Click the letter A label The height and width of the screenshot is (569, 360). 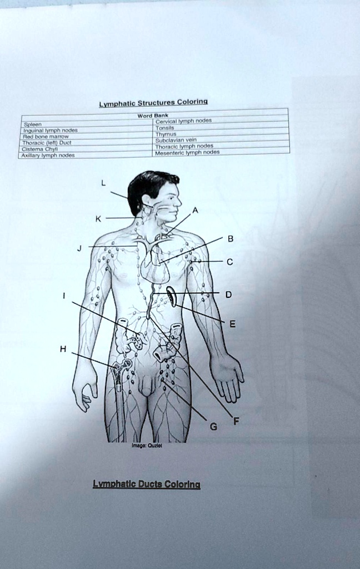pyautogui.click(x=194, y=209)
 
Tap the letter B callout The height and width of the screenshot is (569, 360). pyautogui.click(x=231, y=239)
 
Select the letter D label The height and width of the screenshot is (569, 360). pyautogui.click(x=228, y=295)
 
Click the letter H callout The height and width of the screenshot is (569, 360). pyautogui.click(x=63, y=349)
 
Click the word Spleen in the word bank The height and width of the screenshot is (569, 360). pyautogui.click(x=31, y=125)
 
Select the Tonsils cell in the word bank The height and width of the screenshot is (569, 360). pyautogui.click(x=166, y=127)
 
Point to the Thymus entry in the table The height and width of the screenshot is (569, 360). pyautogui.click(x=166, y=134)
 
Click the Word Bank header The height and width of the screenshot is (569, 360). pyautogui.click(x=149, y=116)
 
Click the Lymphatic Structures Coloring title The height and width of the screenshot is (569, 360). pyautogui.click(x=153, y=103)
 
